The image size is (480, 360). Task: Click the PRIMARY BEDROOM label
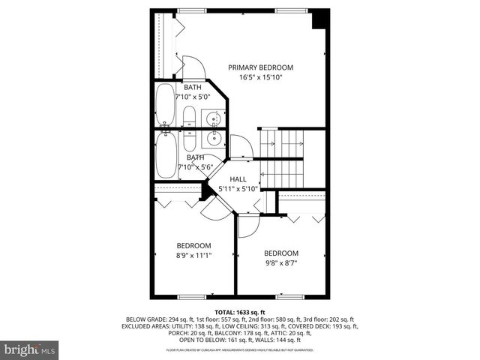pos(261,67)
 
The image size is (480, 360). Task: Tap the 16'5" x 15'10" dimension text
pos(261,77)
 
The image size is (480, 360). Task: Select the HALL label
pos(238,179)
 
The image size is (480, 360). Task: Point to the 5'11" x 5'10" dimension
pos(238,189)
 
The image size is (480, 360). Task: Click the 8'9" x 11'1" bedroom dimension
pos(193,255)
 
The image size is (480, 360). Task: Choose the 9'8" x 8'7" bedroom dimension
pos(281,262)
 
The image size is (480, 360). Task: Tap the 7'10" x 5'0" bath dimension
pos(192,97)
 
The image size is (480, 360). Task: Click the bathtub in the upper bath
pos(165,106)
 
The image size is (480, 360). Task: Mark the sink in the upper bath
pos(213,118)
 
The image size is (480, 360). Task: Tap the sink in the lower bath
pos(213,137)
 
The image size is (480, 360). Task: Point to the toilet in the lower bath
pos(189,140)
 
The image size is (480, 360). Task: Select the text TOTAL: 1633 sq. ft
pos(240,312)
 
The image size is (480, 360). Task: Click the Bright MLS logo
pos(30,349)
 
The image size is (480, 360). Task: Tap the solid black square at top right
pos(319,19)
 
